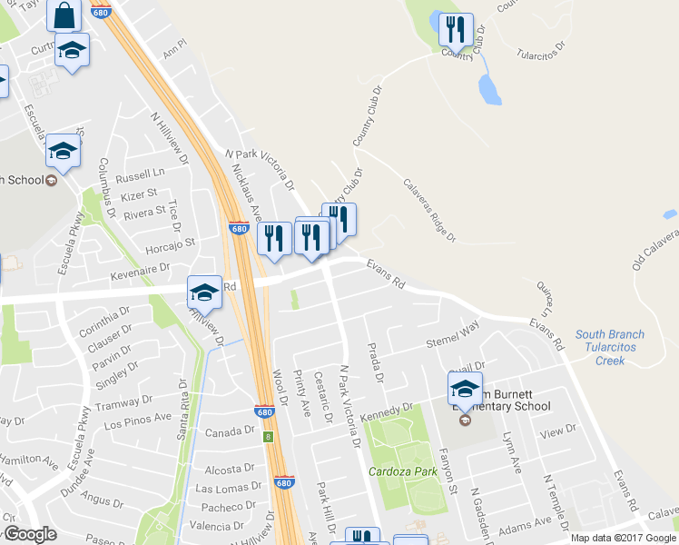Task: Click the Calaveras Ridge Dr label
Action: coord(430,210)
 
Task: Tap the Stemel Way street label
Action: coord(453,339)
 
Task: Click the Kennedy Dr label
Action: coord(387,411)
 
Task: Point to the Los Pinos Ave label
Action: coord(137,421)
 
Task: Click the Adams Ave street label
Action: coord(525,524)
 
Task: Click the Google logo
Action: coord(29,534)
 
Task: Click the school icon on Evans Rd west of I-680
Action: coord(204,291)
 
